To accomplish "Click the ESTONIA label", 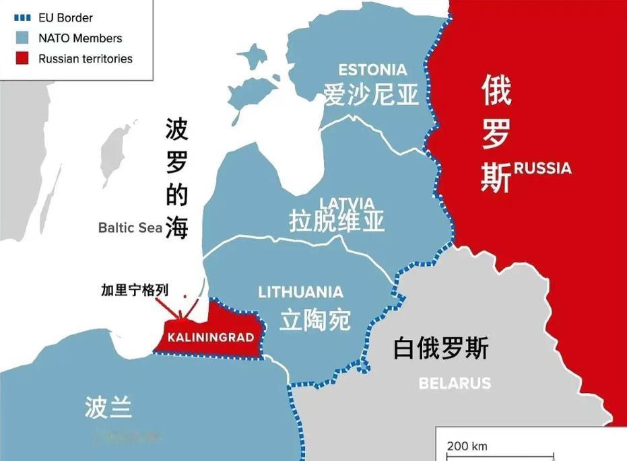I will [x=372, y=70].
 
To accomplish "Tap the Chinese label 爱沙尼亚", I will [x=371, y=95].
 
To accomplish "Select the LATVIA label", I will [x=347, y=203].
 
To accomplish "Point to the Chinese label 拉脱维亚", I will [x=337, y=221].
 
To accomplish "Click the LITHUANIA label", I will [x=300, y=292].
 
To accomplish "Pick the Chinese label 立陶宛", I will [x=315, y=320].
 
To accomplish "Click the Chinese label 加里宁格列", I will [x=135, y=290].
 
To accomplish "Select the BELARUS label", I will [x=455, y=384].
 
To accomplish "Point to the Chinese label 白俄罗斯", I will [x=441, y=349].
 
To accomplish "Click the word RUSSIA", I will [x=542, y=168].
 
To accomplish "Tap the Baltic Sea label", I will [x=130, y=227].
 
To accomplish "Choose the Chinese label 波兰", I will [x=108, y=407].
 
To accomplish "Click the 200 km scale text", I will [x=467, y=446].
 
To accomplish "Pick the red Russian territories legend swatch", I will [x=23, y=59].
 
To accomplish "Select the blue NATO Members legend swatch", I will [x=23, y=38].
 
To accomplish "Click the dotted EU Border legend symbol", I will [x=23, y=18].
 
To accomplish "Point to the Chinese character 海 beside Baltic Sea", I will [x=176, y=227].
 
